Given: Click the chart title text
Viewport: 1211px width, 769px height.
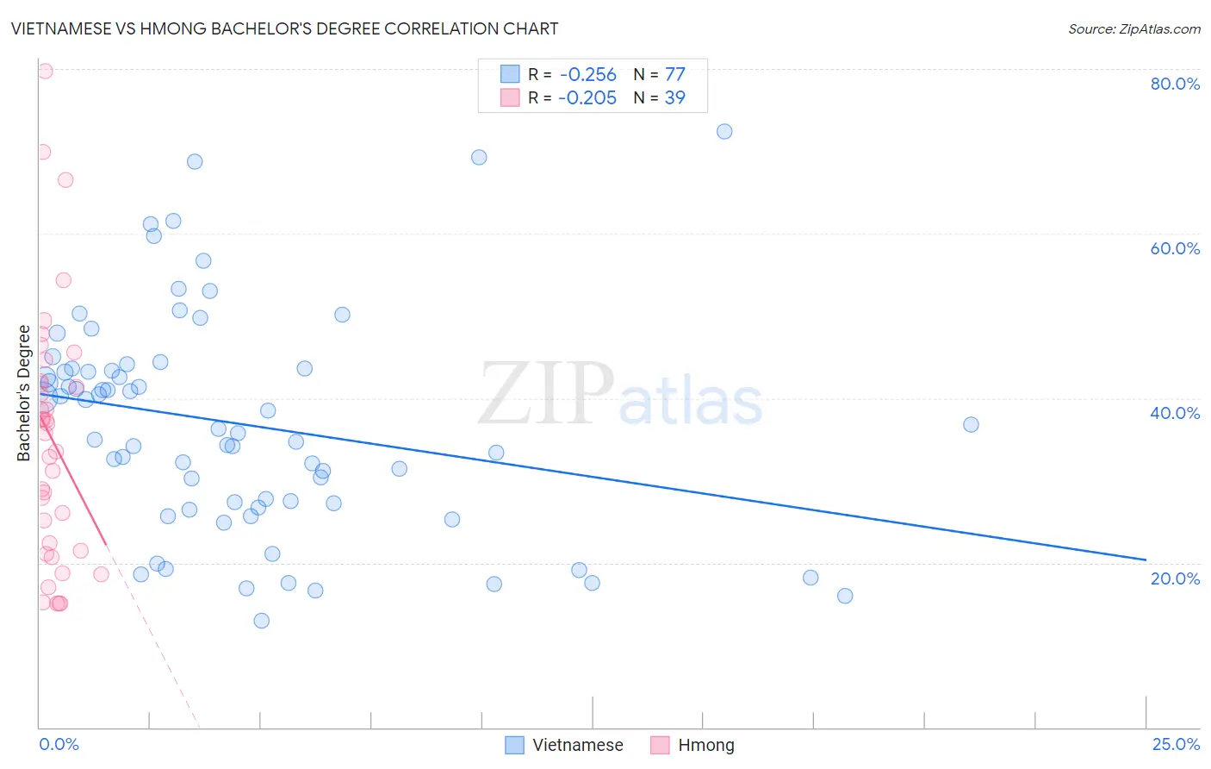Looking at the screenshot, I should click(284, 28).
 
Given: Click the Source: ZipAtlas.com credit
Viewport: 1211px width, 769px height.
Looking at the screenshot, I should click(1133, 28).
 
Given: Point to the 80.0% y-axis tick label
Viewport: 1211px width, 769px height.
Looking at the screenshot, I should click(1175, 84).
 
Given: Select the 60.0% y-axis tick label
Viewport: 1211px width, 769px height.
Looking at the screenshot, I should click(1175, 248).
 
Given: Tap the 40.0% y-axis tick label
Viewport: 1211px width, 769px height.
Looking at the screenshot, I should click(1175, 413).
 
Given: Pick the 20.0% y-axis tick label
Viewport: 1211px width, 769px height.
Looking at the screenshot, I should click(1175, 578).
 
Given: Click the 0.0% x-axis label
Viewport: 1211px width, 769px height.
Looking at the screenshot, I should click(59, 744).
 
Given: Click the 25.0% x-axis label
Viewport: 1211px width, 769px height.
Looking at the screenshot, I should click(1175, 744).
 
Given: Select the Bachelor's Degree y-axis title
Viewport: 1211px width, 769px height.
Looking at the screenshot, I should click(24, 393).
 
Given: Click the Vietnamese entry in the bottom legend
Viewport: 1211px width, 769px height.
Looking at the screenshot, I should click(577, 746).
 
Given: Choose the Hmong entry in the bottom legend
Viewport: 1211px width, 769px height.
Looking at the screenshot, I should click(705, 746).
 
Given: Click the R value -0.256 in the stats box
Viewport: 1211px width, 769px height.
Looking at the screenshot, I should click(587, 75).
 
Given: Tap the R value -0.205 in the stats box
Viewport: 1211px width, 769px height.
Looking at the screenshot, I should click(587, 98).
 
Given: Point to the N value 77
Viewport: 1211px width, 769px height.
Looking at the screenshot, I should click(674, 75).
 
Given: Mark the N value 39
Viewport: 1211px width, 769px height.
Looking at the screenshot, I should click(674, 98).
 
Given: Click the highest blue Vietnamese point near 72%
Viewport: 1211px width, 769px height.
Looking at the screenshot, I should click(724, 131).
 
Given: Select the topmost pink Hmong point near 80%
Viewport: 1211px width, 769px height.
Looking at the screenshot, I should click(45, 71).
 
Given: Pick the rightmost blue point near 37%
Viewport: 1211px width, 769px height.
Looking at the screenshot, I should click(971, 424).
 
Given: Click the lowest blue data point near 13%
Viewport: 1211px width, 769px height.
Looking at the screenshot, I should click(262, 621).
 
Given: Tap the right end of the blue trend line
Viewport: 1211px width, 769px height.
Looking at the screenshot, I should click(1146, 560).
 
